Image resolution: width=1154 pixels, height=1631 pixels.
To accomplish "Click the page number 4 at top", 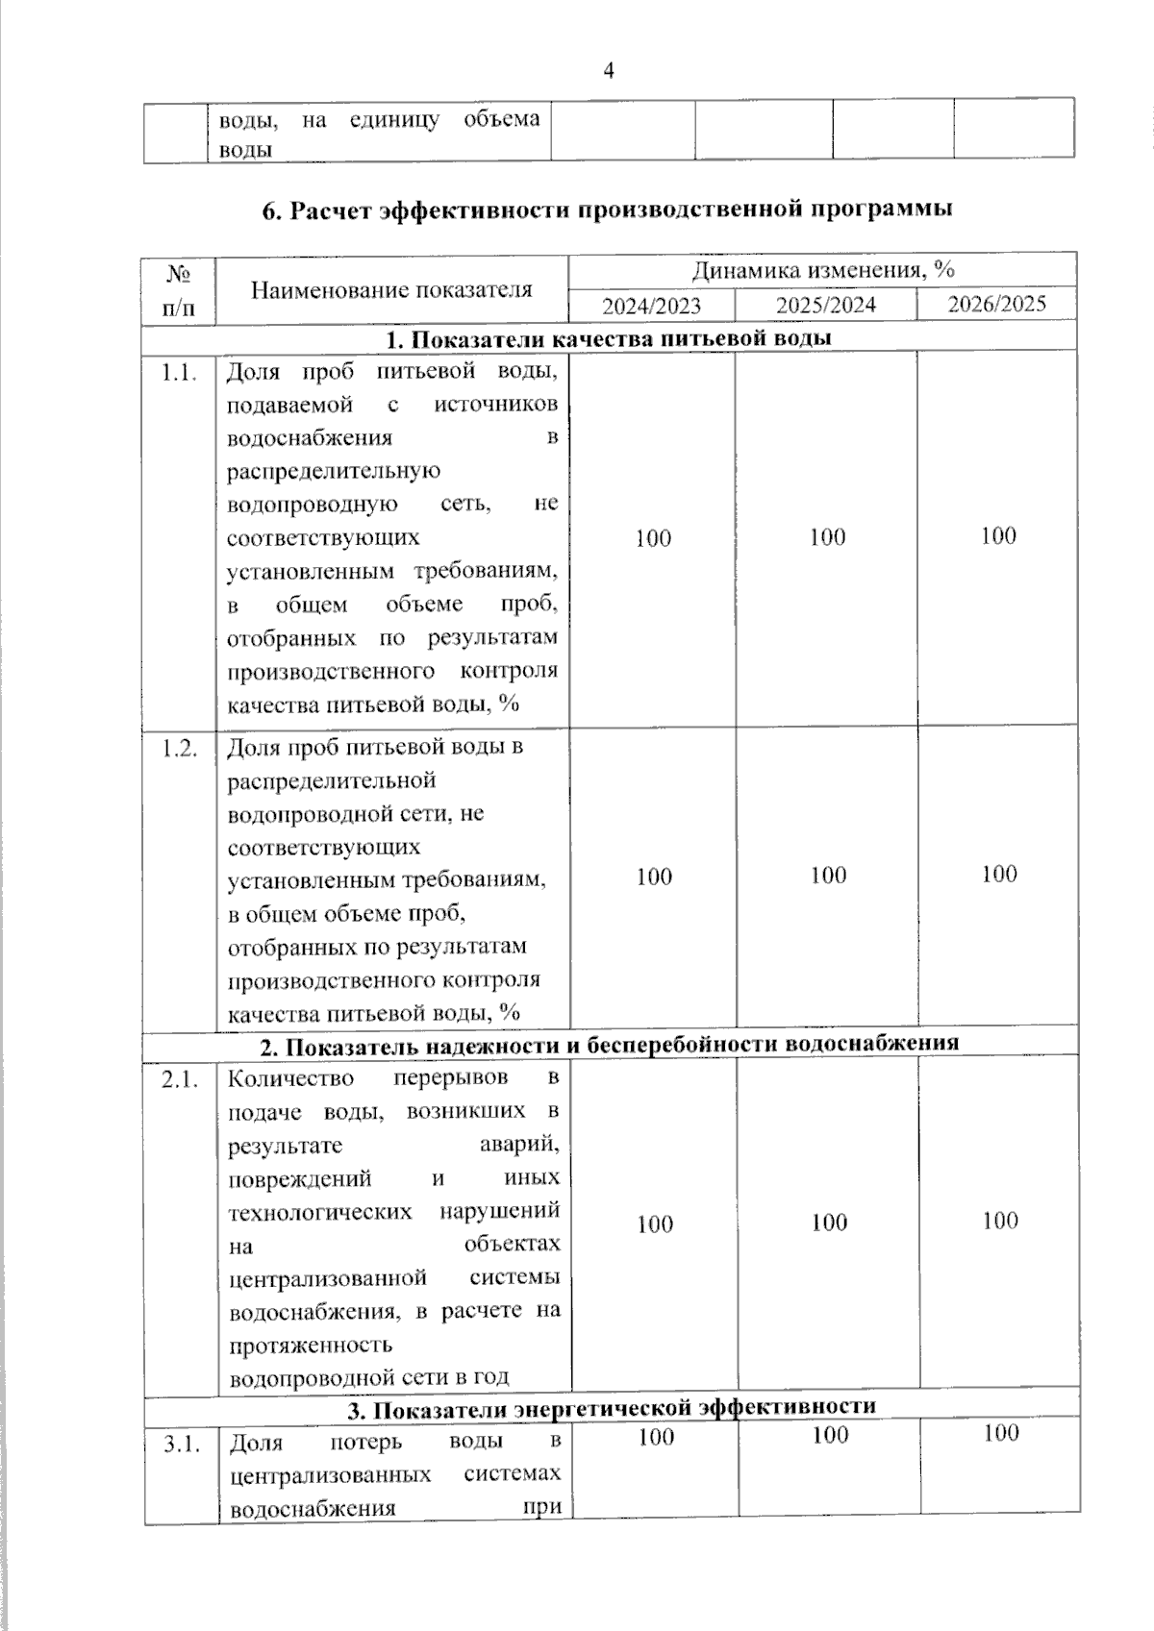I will tap(608, 70).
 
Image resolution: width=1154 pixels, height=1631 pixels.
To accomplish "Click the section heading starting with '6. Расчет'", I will tap(608, 209).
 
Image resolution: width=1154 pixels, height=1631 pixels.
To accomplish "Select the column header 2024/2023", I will tap(651, 306).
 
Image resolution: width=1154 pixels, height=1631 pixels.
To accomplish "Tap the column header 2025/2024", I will tap(826, 306).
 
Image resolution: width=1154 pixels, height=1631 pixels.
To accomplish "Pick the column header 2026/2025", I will tap(996, 305).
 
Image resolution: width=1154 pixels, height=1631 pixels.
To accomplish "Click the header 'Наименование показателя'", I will tap(391, 289).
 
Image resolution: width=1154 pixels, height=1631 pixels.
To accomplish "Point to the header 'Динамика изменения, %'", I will tap(822, 271).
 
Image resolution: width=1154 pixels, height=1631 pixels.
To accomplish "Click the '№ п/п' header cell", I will tap(179, 289).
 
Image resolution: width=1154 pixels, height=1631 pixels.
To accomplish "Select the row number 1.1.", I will tap(180, 373).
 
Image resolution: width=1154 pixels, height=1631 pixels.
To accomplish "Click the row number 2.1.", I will tap(180, 1080).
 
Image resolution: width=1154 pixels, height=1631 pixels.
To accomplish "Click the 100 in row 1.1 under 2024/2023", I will tap(653, 538).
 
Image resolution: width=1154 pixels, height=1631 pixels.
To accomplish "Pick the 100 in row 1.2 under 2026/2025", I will tap(999, 874).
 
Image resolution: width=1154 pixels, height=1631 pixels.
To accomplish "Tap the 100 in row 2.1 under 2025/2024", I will tap(828, 1223).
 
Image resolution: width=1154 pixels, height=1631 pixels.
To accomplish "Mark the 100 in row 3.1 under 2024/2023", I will tap(656, 1437).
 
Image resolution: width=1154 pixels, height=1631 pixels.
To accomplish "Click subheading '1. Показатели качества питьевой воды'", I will tap(608, 338).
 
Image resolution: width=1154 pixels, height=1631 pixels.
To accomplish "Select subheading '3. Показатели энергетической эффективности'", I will tap(611, 1408).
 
